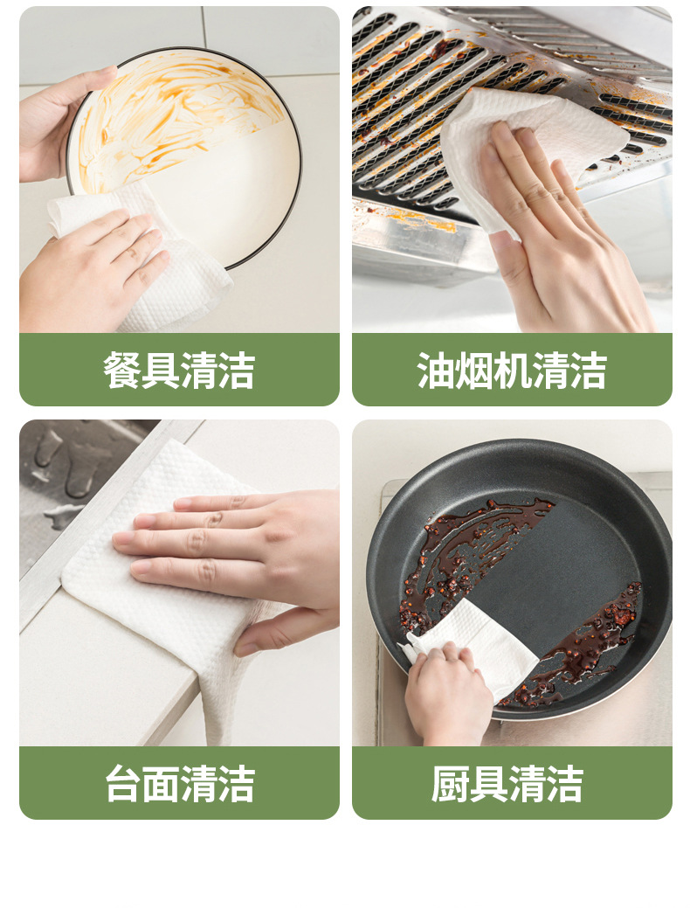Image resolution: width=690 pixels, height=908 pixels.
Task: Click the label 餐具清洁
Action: [179, 371]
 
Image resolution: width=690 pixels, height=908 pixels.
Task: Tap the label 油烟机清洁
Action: [512, 371]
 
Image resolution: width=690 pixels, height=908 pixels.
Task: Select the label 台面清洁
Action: [179, 784]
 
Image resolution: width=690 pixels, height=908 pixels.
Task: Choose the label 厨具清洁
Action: [512, 784]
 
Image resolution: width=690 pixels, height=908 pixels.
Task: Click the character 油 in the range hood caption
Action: [436, 371]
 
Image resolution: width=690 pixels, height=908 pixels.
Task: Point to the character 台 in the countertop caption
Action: [123, 784]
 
